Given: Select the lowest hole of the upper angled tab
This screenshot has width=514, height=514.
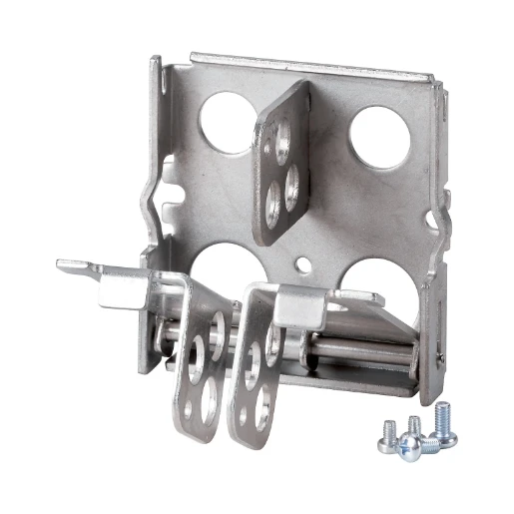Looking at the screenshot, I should pos(272,207).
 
